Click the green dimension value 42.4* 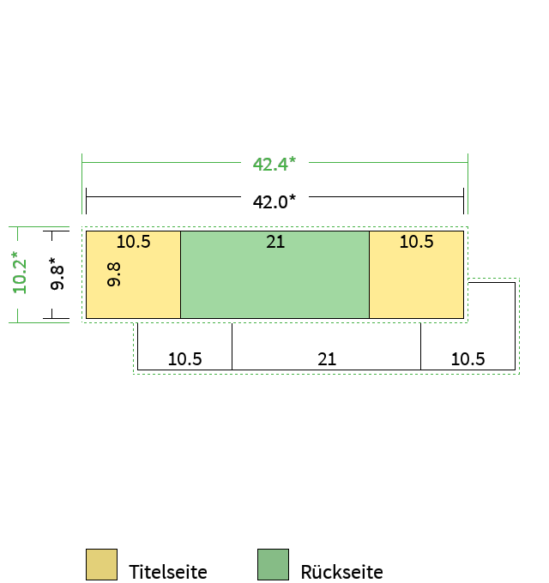274,164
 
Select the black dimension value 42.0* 274,201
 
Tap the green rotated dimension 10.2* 20,273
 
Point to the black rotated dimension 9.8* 57,273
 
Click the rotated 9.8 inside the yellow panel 113,274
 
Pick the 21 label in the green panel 275,242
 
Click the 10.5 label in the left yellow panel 133,242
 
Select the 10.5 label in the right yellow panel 416,242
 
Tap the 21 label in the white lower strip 327,359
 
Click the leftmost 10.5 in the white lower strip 185,359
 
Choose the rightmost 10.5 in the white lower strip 468,359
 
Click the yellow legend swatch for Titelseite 101,564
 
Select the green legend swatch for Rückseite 273,564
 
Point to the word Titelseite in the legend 168,572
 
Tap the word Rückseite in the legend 341,572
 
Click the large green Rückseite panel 274,274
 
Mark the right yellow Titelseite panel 417,274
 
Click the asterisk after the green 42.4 293,159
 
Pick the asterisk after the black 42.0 293,198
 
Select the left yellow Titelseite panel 133,274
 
